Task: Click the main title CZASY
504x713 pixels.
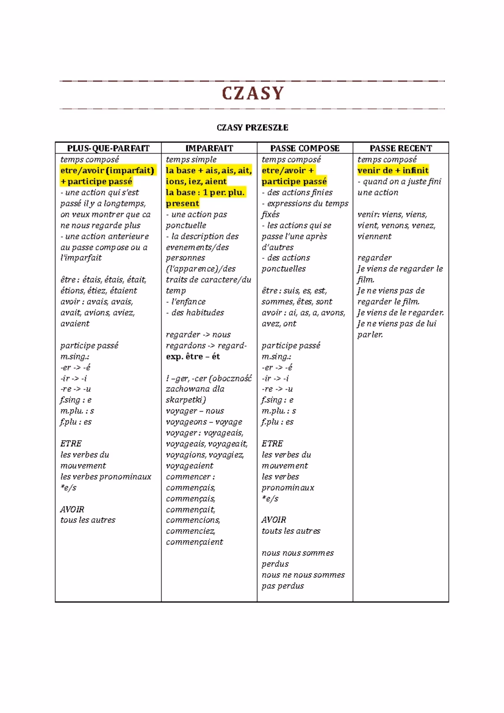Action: [252, 93]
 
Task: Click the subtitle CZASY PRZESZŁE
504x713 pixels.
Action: [252, 128]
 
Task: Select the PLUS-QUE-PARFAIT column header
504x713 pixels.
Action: [108, 148]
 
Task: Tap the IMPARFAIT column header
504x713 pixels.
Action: [209, 148]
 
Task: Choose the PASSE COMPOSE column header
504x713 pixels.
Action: [305, 148]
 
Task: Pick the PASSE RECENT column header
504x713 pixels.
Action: [401, 148]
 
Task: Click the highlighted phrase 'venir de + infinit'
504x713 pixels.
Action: [393, 170]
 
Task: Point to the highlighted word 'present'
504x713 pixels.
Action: [182, 204]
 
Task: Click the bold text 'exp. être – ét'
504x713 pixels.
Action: [193, 356]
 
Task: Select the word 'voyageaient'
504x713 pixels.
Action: [189, 466]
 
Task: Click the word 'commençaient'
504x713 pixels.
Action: [194, 542]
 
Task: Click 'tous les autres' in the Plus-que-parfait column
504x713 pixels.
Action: [88, 520]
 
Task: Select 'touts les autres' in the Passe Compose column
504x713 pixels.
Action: [291, 531]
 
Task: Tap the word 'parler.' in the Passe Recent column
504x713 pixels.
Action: [370, 335]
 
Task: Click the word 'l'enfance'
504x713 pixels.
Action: [189, 302]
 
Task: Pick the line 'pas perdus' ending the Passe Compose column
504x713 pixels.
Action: [283, 586]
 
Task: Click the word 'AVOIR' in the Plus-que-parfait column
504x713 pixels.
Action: [72, 509]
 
